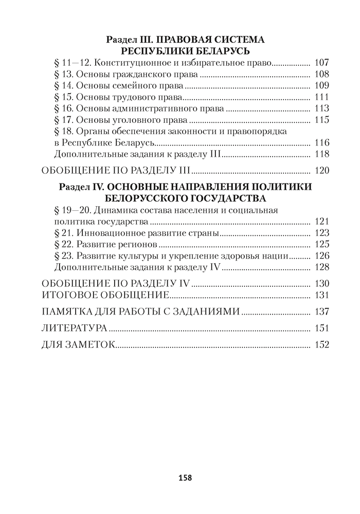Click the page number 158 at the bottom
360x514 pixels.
pyautogui.click(x=185, y=478)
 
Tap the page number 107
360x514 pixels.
pyautogui.click(x=320, y=64)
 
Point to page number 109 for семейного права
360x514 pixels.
pyautogui.click(x=320, y=86)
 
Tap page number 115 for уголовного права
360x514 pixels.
pyautogui.click(x=320, y=120)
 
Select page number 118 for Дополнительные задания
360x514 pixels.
pyautogui.click(x=320, y=154)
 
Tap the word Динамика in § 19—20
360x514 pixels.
pyautogui.click(x=112, y=210)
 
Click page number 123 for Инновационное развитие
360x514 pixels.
pyautogui.click(x=320, y=233)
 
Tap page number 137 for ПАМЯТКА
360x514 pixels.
pyautogui.click(x=320, y=311)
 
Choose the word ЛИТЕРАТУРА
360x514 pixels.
pyautogui.click(x=74, y=328)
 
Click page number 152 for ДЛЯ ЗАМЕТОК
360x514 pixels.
pyautogui.click(x=320, y=345)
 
